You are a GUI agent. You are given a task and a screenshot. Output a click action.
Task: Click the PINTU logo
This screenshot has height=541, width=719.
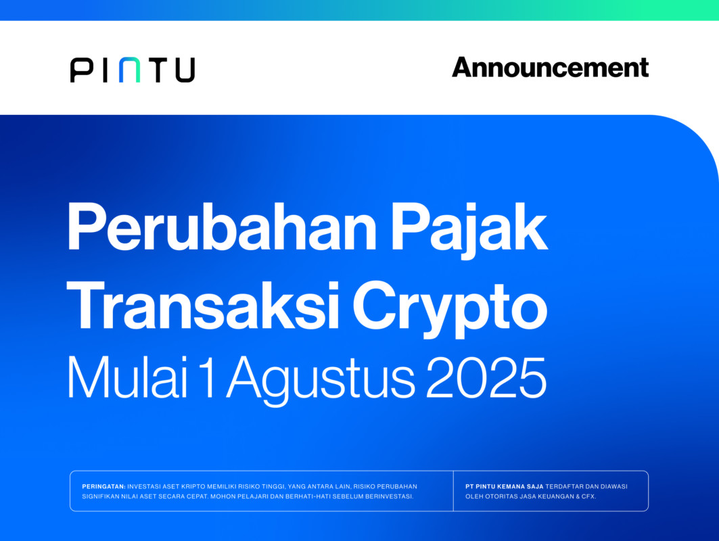pos(133,70)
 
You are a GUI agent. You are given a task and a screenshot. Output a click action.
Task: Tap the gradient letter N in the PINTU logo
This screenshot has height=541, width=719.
pos(129,70)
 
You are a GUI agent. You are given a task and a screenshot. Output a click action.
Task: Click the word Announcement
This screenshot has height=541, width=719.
pos(551,68)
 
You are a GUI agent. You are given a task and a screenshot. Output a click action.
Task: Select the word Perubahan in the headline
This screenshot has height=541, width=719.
pos(222,227)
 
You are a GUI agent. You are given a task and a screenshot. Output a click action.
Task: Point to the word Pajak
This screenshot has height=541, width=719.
pos(469,230)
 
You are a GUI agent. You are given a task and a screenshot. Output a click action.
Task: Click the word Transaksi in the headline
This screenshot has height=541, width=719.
pos(203,305)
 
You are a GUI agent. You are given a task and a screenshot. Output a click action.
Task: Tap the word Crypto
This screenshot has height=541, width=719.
pos(450,310)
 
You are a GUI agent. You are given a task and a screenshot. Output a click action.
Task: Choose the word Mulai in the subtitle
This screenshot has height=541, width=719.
pos(127,377)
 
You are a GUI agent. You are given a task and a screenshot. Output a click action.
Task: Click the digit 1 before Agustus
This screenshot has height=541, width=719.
pos(206,377)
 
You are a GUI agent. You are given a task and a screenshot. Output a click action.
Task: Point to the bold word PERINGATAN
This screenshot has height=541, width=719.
pos(103,486)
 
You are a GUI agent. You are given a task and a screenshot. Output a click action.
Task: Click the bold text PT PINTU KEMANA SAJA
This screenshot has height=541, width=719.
pos(505,486)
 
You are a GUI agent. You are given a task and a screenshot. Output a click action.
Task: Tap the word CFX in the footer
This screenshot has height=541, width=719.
pos(588,496)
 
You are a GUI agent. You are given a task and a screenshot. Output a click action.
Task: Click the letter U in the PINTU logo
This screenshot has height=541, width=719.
pos(185,70)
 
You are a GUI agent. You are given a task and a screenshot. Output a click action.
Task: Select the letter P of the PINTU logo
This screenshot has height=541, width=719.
pos(81,70)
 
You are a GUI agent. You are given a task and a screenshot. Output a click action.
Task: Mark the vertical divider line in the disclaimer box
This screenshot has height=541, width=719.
pos(453,491)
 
